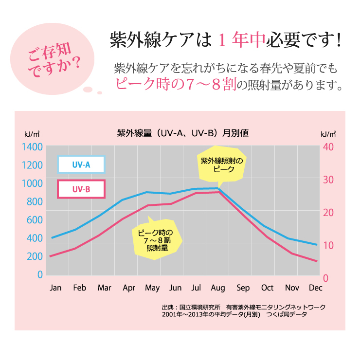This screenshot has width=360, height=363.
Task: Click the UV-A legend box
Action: point(81,164)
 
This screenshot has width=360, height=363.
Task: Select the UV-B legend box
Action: point(81,189)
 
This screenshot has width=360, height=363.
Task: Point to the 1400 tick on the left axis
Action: point(32,147)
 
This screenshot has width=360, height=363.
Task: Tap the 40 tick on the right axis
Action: point(328,147)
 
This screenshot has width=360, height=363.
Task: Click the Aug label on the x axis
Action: point(218,288)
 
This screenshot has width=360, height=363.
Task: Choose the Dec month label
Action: point(316,288)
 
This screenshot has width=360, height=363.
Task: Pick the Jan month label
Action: point(55,288)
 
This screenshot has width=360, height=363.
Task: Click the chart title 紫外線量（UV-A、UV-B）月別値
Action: point(182,133)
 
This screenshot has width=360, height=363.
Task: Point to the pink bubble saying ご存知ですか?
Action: point(53,59)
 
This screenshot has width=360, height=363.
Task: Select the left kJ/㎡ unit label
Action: point(32,134)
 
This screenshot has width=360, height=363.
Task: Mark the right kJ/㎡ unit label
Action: point(328,134)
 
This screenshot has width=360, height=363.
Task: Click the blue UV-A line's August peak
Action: point(218,188)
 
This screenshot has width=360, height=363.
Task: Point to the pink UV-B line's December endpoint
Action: point(317,261)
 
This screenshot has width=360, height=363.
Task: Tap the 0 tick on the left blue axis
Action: point(40,274)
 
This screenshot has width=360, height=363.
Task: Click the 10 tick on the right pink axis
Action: point(328,245)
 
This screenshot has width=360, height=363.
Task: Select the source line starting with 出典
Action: point(244,307)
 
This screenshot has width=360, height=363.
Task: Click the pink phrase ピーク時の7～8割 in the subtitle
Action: point(176,84)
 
